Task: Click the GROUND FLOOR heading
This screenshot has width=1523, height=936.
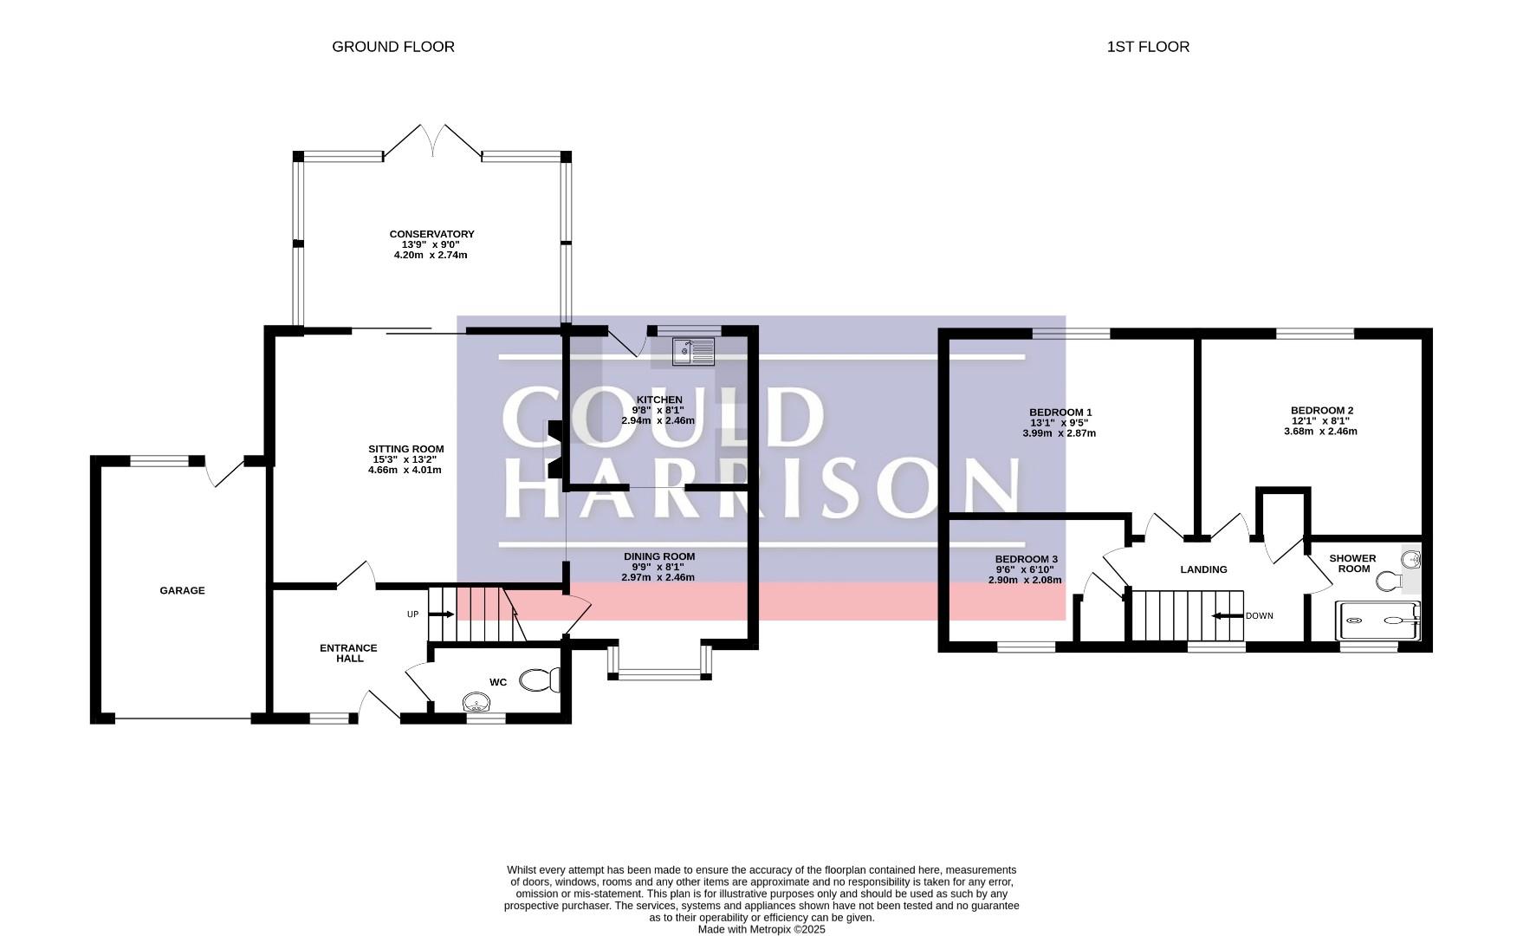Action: [x=393, y=47]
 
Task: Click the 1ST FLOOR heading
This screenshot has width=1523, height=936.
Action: [x=1148, y=47]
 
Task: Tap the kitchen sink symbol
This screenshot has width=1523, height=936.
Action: [x=694, y=351]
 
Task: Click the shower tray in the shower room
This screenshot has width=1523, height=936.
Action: [x=1379, y=621]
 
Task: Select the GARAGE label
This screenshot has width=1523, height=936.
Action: [x=182, y=591]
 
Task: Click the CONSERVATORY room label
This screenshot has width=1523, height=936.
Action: [x=431, y=234]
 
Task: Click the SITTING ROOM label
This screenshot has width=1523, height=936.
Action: [x=405, y=449]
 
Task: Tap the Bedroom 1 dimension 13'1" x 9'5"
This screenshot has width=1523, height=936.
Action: [x=1060, y=423]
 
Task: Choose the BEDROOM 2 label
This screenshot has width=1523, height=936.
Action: [x=1322, y=411]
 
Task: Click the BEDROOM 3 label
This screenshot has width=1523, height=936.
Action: [x=1026, y=560]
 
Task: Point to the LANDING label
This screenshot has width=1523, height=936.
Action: [x=1204, y=569]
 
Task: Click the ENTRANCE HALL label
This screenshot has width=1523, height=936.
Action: [x=349, y=653]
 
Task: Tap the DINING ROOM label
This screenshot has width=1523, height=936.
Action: [x=659, y=556]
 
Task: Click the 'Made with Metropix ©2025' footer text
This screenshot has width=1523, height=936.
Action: [x=762, y=930]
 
